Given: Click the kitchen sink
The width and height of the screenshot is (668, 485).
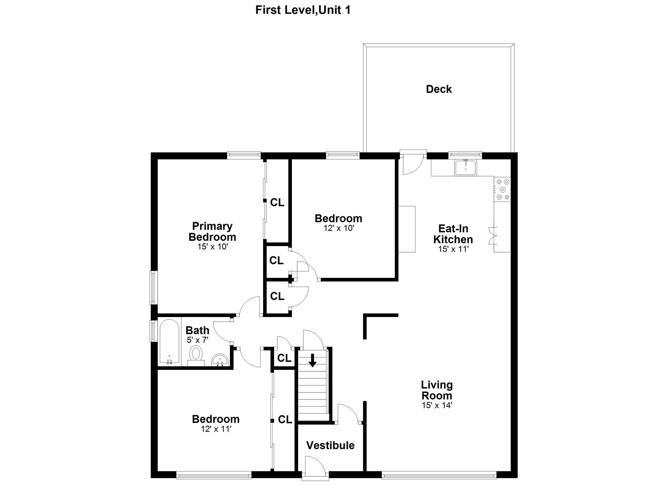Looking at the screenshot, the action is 466,167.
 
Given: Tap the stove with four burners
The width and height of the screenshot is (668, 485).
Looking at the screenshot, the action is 502,189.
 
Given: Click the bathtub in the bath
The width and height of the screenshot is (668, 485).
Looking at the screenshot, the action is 169,342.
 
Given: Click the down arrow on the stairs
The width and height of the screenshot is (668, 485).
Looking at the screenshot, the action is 312,360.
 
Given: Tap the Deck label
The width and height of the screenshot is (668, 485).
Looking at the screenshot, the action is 439,89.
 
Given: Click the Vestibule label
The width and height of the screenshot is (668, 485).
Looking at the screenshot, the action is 330,445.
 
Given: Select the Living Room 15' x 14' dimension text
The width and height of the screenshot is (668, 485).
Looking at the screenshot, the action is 437,405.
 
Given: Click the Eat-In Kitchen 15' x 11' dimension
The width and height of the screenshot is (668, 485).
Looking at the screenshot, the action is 453,249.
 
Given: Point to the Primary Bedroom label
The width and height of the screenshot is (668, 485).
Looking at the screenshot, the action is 212,231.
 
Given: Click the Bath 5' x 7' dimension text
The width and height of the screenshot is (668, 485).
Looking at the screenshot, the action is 197,340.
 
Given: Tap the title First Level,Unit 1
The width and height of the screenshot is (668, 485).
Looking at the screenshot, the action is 303,10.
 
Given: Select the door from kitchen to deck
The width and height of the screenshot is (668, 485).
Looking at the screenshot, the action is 413,162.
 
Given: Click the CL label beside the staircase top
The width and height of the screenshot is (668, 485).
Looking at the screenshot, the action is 284,358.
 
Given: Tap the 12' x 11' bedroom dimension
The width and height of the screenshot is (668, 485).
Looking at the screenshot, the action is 216,429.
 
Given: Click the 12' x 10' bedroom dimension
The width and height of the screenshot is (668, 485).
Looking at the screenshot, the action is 338,228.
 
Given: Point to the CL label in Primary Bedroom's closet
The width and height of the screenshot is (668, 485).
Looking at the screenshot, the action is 277,203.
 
